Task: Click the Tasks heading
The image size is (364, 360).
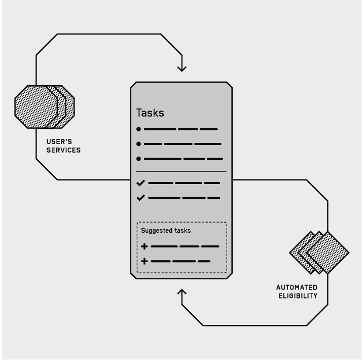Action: pos(150,113)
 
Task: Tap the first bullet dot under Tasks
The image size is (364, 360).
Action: pos(138,129)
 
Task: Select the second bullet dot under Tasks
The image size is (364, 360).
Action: pos(138,145)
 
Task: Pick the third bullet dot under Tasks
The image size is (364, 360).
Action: pos(138,159)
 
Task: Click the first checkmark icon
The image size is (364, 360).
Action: pos(140,183)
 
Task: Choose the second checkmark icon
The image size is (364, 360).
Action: pos(140,197)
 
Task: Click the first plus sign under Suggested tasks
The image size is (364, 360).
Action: pos(144,246)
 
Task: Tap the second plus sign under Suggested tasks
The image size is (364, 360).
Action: pos(144,262)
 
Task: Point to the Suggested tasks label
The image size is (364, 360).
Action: pos(162,230)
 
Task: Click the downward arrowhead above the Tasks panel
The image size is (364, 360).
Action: pos(182,68)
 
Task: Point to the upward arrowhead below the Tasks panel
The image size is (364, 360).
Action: pos(182,293)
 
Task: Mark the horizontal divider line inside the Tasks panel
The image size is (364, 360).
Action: pos(181,172)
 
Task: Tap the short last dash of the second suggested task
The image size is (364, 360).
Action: pos(204,262)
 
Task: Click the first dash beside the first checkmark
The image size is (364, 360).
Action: pos(160,183)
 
